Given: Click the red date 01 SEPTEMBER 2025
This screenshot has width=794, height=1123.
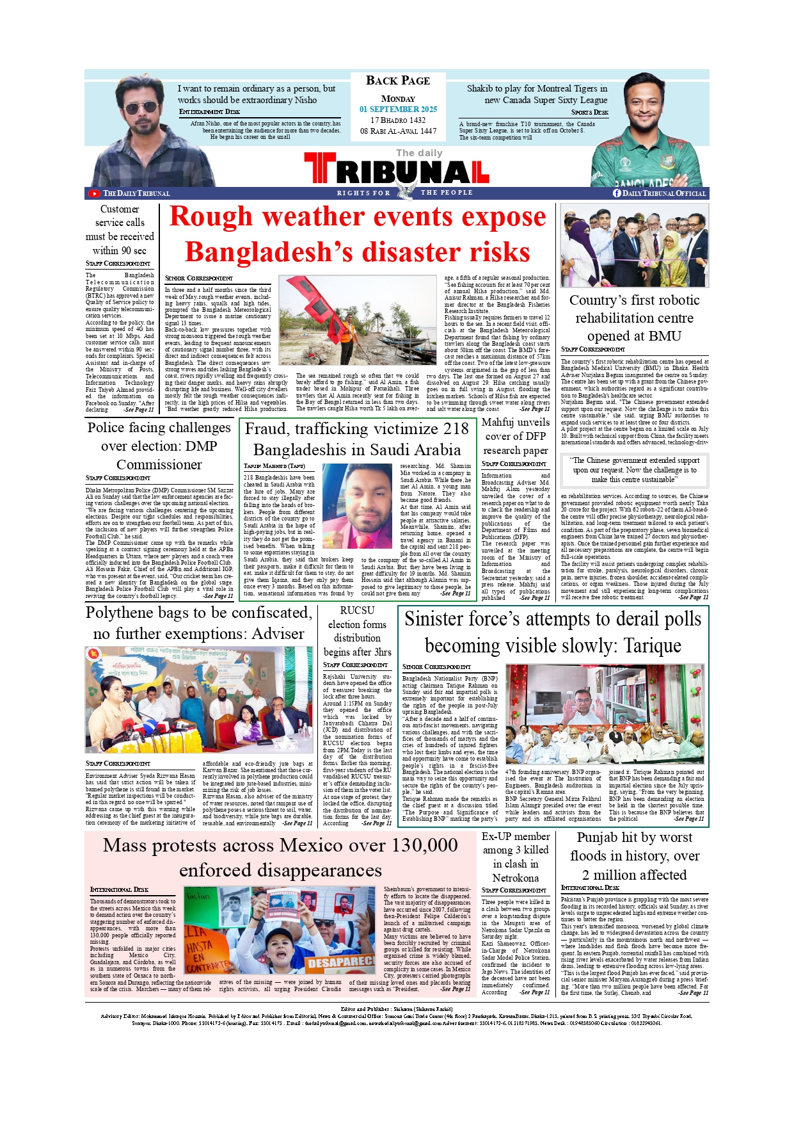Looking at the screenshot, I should pos(398,109).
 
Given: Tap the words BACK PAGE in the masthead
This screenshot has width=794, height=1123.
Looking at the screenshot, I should pos(397,81).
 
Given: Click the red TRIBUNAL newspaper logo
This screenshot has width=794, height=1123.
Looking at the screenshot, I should pos(397,170).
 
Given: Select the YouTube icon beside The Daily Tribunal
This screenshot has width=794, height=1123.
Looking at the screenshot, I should pos(94,193).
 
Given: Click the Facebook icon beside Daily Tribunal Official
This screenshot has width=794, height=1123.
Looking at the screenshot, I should pos(617,193).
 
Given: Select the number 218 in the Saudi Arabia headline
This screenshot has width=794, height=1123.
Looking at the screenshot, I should pos(456,429).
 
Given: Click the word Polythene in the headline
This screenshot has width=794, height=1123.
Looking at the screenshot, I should pos(127,613).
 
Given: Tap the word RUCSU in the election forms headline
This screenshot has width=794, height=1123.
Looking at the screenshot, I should pos(357,611).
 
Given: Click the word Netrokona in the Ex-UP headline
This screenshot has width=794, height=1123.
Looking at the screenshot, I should pos(515,878).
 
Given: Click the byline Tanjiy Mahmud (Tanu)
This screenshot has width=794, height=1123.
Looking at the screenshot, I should pos(274,466).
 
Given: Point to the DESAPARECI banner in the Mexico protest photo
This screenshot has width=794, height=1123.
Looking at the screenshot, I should pos(340,962).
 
